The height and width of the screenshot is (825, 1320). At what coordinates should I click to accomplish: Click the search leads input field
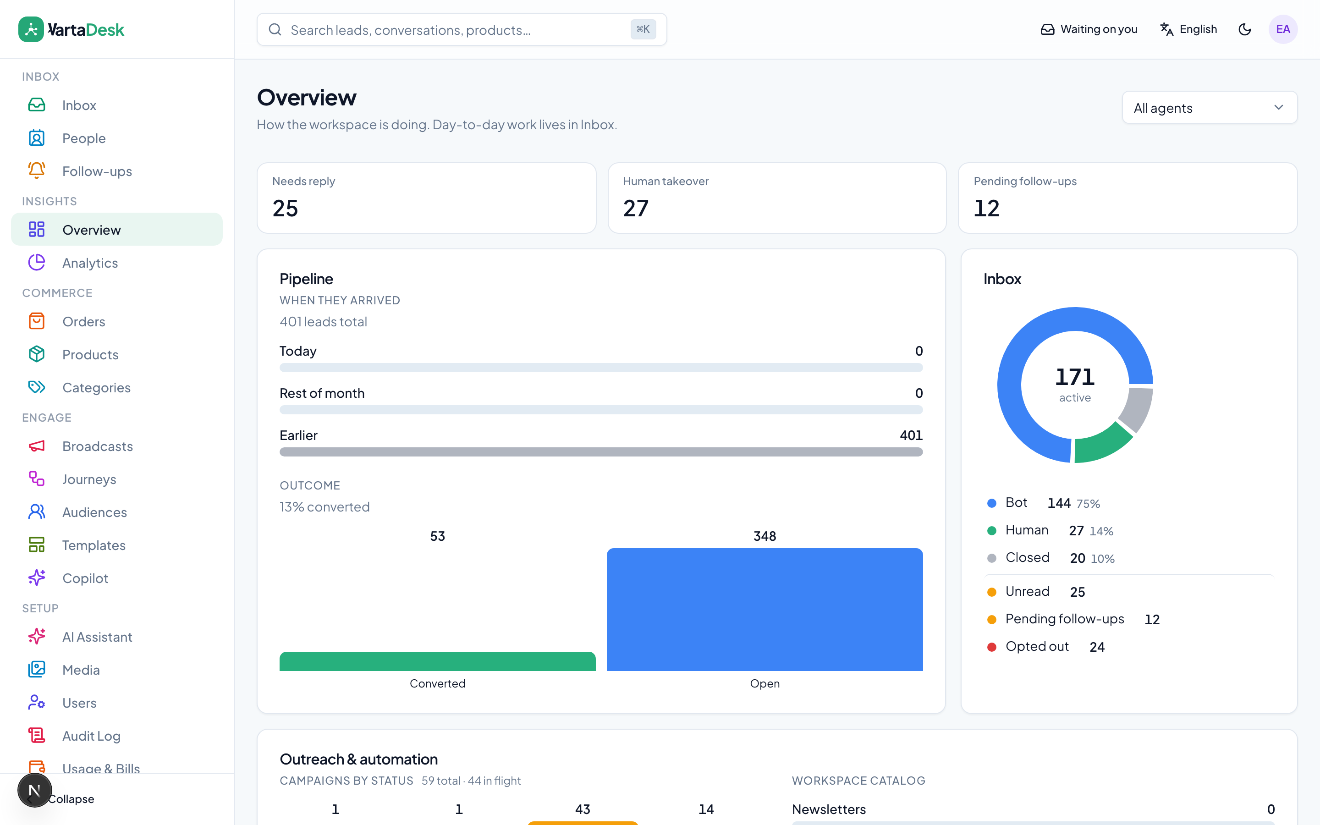[x=462, y=29]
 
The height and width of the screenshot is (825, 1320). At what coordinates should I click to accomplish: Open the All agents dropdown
[x=1209, y=108]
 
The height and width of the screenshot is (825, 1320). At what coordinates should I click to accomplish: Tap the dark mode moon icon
[x=1244, y=29]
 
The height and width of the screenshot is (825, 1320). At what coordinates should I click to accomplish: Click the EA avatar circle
[x=1283, y=29]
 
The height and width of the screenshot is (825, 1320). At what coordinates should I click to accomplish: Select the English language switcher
[x=1188, y=29]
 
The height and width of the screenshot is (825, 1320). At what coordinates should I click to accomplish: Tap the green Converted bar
[x=437, y=661]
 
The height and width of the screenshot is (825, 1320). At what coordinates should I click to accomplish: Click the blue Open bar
[x=764, y=610]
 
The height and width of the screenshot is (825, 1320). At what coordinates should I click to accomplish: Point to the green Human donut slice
[x=1102, y=444]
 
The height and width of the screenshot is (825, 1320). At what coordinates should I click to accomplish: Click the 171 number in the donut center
[x=1074, y=376]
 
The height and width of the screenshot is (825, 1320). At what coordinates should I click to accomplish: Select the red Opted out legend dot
[x=992, y=647]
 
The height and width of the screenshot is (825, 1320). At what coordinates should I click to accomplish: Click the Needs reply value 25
[x=285, y=209]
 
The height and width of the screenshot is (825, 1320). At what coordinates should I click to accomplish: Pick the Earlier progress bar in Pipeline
[x=601, y=452]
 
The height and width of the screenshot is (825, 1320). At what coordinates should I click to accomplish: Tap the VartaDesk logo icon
[x=31, y=29]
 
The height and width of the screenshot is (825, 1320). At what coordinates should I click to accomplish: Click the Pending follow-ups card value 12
[x=987, y=209]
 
